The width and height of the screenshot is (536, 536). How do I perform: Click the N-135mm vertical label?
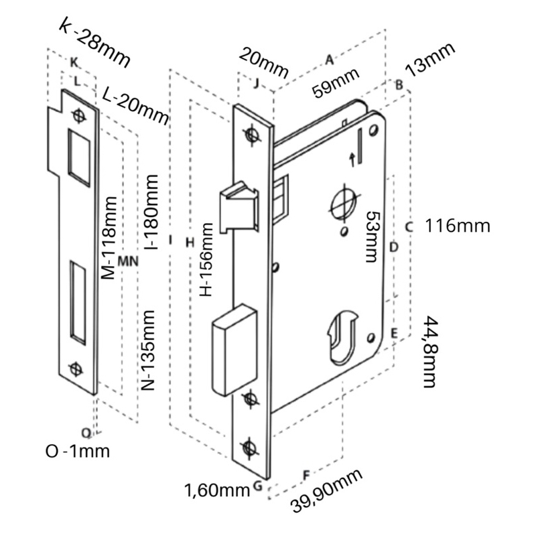(149, 350)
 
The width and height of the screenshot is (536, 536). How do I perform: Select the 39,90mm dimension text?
(328, 491)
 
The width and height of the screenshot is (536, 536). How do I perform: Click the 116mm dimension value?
(458, 226)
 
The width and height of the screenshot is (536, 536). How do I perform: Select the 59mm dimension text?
(336, 82)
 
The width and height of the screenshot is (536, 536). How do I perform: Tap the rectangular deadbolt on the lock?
(234, 348)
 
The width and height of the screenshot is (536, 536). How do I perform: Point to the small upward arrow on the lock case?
(353, 158)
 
